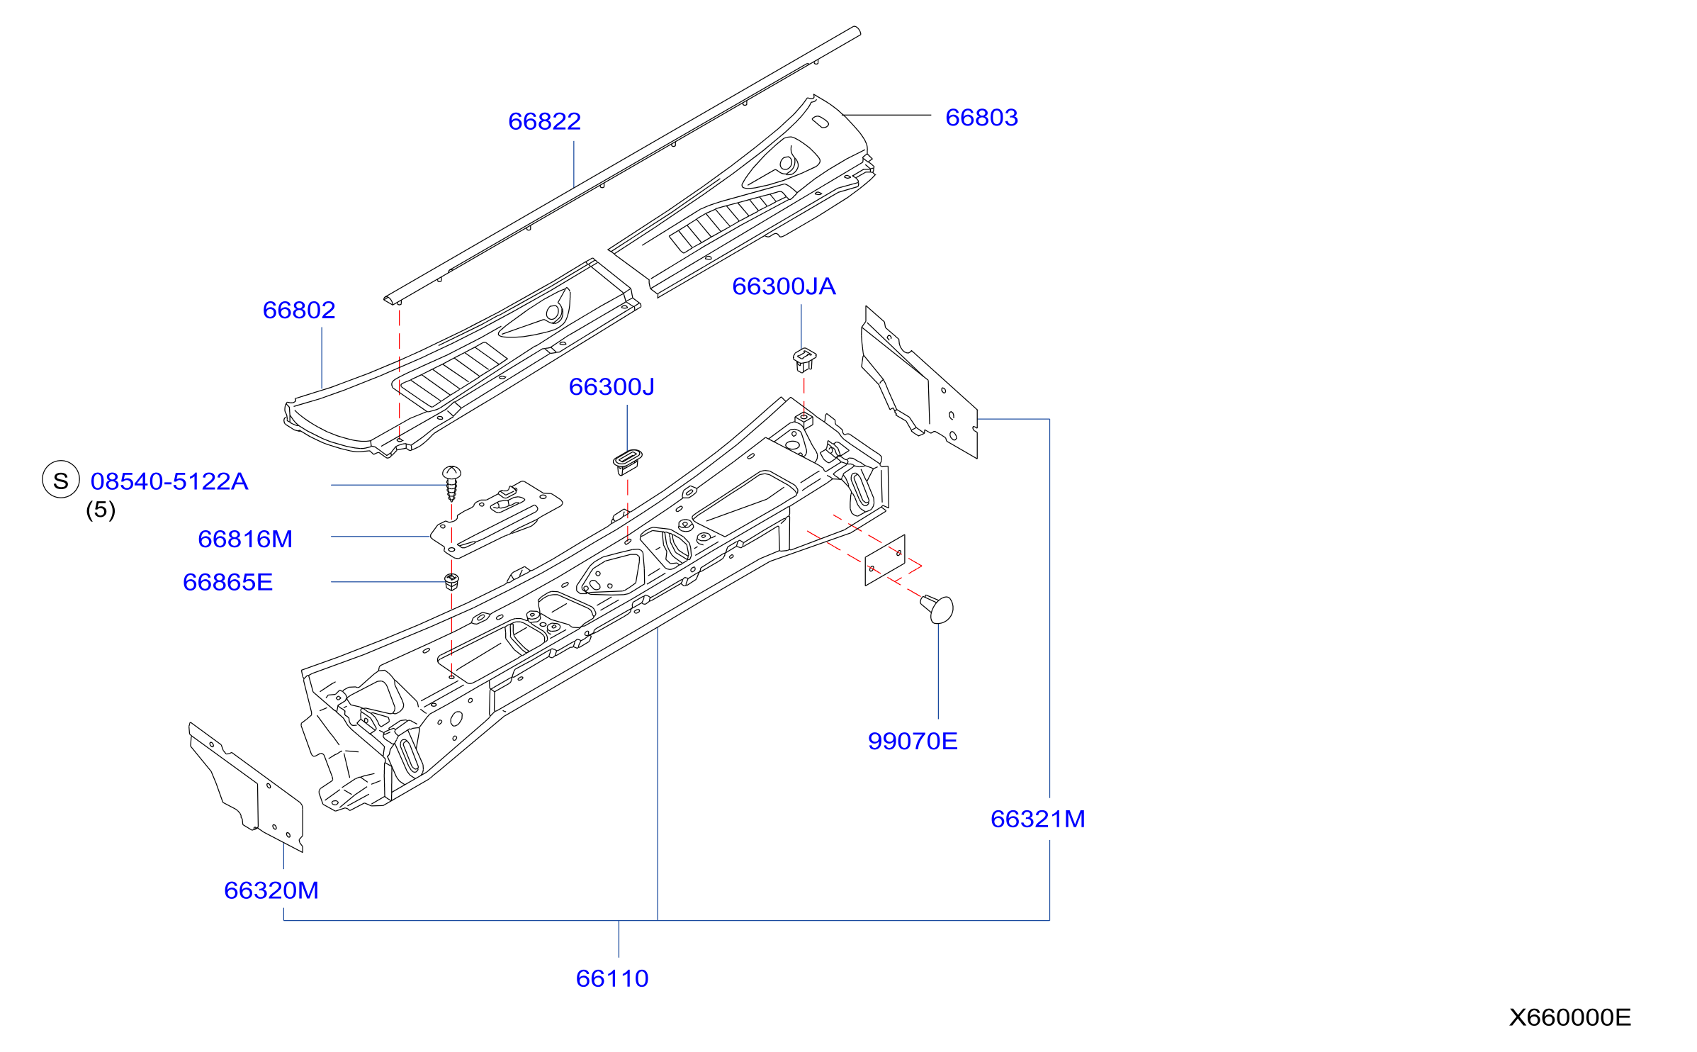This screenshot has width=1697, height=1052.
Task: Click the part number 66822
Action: [x=544, y=121]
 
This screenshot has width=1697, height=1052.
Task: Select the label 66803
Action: [x=981, y=117]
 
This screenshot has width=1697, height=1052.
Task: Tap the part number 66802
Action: [x=299, y=310]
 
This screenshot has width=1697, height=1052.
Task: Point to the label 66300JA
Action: [x=784, y=286]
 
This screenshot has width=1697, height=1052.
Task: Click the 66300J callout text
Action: [x=611, y=386]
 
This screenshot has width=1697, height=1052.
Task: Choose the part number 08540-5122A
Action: [x=169, y=481]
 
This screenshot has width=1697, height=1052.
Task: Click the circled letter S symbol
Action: [x=61, y=479]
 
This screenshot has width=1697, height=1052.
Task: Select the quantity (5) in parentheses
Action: [x=101, y=510]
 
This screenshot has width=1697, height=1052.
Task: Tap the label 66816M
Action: [x=245, y=539]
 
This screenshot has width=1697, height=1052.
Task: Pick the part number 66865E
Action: [x=227, y=582]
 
